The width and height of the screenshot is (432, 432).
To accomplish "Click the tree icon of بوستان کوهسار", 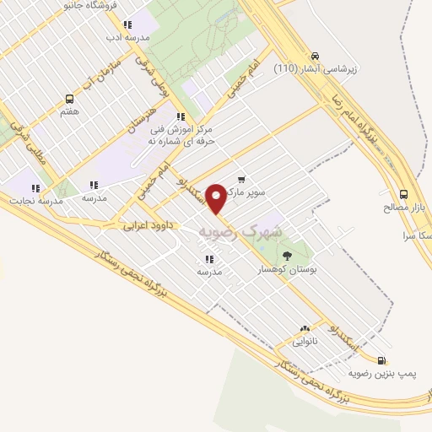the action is click(x=287, y=256).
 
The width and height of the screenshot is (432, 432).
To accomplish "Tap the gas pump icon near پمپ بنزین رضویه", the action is click(x=383, y=358).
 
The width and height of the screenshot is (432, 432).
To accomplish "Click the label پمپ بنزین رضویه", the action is click(x=381, y=372).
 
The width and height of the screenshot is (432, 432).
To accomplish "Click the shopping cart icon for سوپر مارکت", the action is click(x=241, y=179).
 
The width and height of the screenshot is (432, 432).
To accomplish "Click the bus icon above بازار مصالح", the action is click(x=403, y=192).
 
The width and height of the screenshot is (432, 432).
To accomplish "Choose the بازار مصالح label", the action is click(x=402, y=207).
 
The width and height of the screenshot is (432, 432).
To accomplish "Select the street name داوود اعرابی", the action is click(x=148, y=226).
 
